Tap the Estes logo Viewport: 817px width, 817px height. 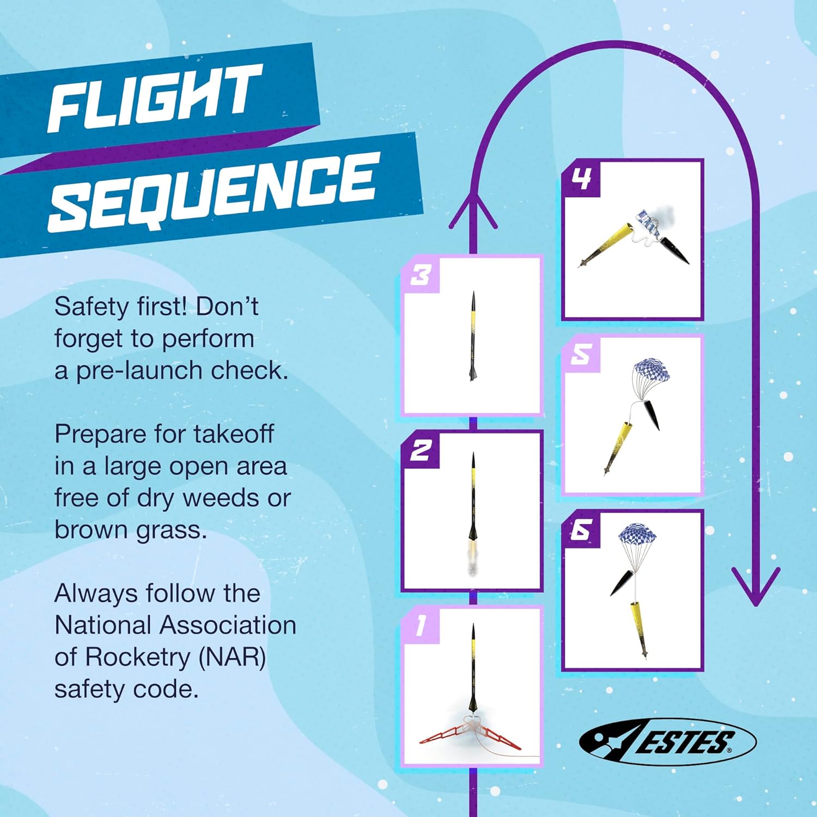coord(667,741)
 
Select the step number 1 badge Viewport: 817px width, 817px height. coord(420,626)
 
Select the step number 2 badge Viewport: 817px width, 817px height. coord(420,450)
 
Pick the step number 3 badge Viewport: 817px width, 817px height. coord(420,275)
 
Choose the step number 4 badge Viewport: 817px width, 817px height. coord(581,179)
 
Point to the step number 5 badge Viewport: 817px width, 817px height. coord(581,355)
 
